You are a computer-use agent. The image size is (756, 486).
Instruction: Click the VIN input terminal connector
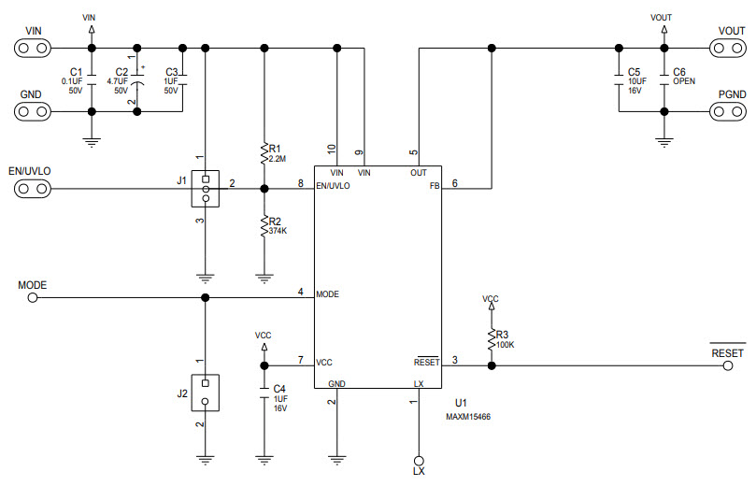tap(33, 48)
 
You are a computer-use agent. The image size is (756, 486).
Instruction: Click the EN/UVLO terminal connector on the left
tap(33, 190)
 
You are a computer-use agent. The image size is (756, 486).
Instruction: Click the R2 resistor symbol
tap(264, 224)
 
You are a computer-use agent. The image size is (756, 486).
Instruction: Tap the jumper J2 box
tap(205, 393)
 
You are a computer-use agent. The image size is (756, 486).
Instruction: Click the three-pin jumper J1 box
tap(205, 189)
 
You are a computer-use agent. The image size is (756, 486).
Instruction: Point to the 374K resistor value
tap(278, 230)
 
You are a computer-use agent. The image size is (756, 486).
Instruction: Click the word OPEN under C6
tap(684, 81)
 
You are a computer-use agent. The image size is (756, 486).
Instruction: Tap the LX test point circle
tap(418, 460)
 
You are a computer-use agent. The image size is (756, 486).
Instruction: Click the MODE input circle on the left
tap(33, 298)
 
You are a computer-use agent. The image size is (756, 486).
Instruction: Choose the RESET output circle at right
tap(728, 366)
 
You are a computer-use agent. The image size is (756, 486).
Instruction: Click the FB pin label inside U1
tap(433, 185)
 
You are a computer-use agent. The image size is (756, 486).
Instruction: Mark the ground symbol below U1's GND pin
tap(336, 459)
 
